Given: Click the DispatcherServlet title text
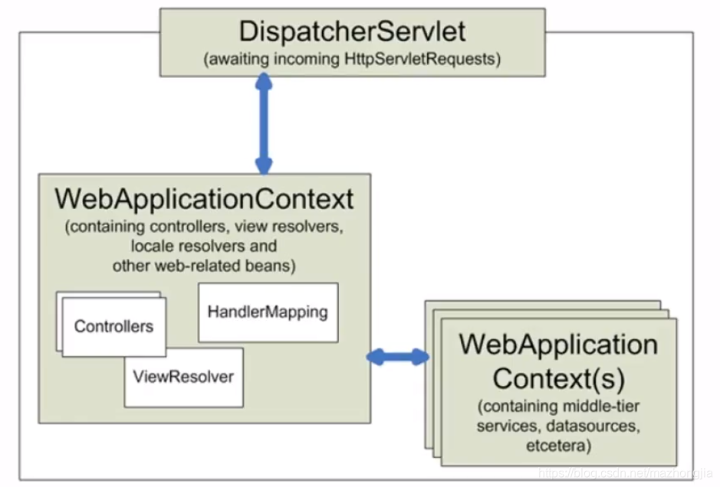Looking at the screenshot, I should (x=352, y=31).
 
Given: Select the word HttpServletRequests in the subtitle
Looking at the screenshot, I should (x=422, y=60).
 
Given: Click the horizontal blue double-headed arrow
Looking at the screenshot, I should (x=398, y=356).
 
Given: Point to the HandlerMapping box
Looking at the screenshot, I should (x=268, y=312).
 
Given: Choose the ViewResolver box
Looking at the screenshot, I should (x=183, y=377).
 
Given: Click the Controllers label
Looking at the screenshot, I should (x=113, y=326).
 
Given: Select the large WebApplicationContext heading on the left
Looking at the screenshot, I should (x=204, y=199).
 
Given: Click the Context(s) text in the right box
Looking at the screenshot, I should (x=558, y=378).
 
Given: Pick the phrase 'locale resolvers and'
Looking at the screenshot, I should (x=204, y=247).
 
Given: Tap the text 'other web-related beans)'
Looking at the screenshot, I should (x=204, y=266).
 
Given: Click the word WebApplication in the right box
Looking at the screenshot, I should (x=558, y=344).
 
